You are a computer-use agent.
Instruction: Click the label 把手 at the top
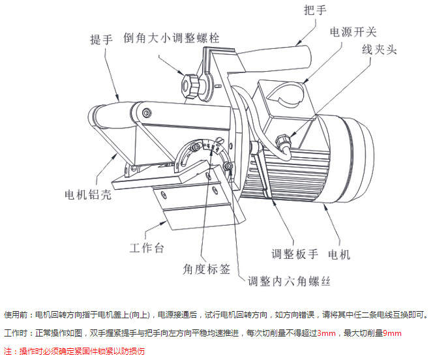(315, 10)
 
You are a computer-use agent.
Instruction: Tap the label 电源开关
(353, 32)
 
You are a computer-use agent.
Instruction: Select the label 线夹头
(379, 50)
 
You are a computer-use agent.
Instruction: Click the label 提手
(101, 39)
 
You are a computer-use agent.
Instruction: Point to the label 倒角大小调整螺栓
(172, 38)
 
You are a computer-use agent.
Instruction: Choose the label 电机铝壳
(88, 194)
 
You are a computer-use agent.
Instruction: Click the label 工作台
(147, 248)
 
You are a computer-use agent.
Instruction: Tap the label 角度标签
(206, 269)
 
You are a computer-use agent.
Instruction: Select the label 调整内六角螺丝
(289, 281)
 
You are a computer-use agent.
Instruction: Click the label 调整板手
(295, 254)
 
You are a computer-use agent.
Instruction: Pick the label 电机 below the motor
(339, 254)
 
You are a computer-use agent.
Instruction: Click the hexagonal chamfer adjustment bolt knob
(190, 85)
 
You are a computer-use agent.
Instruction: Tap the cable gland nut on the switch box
(283, 141)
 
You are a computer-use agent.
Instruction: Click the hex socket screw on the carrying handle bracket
(146, 113)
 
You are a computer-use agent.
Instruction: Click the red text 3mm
(326, 333)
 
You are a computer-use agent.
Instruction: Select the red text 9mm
(392, 333)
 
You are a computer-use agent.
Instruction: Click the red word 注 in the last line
(8, 351)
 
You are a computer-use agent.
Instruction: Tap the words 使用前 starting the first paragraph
(16, 315)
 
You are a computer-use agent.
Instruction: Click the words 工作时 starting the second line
(16, 333)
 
